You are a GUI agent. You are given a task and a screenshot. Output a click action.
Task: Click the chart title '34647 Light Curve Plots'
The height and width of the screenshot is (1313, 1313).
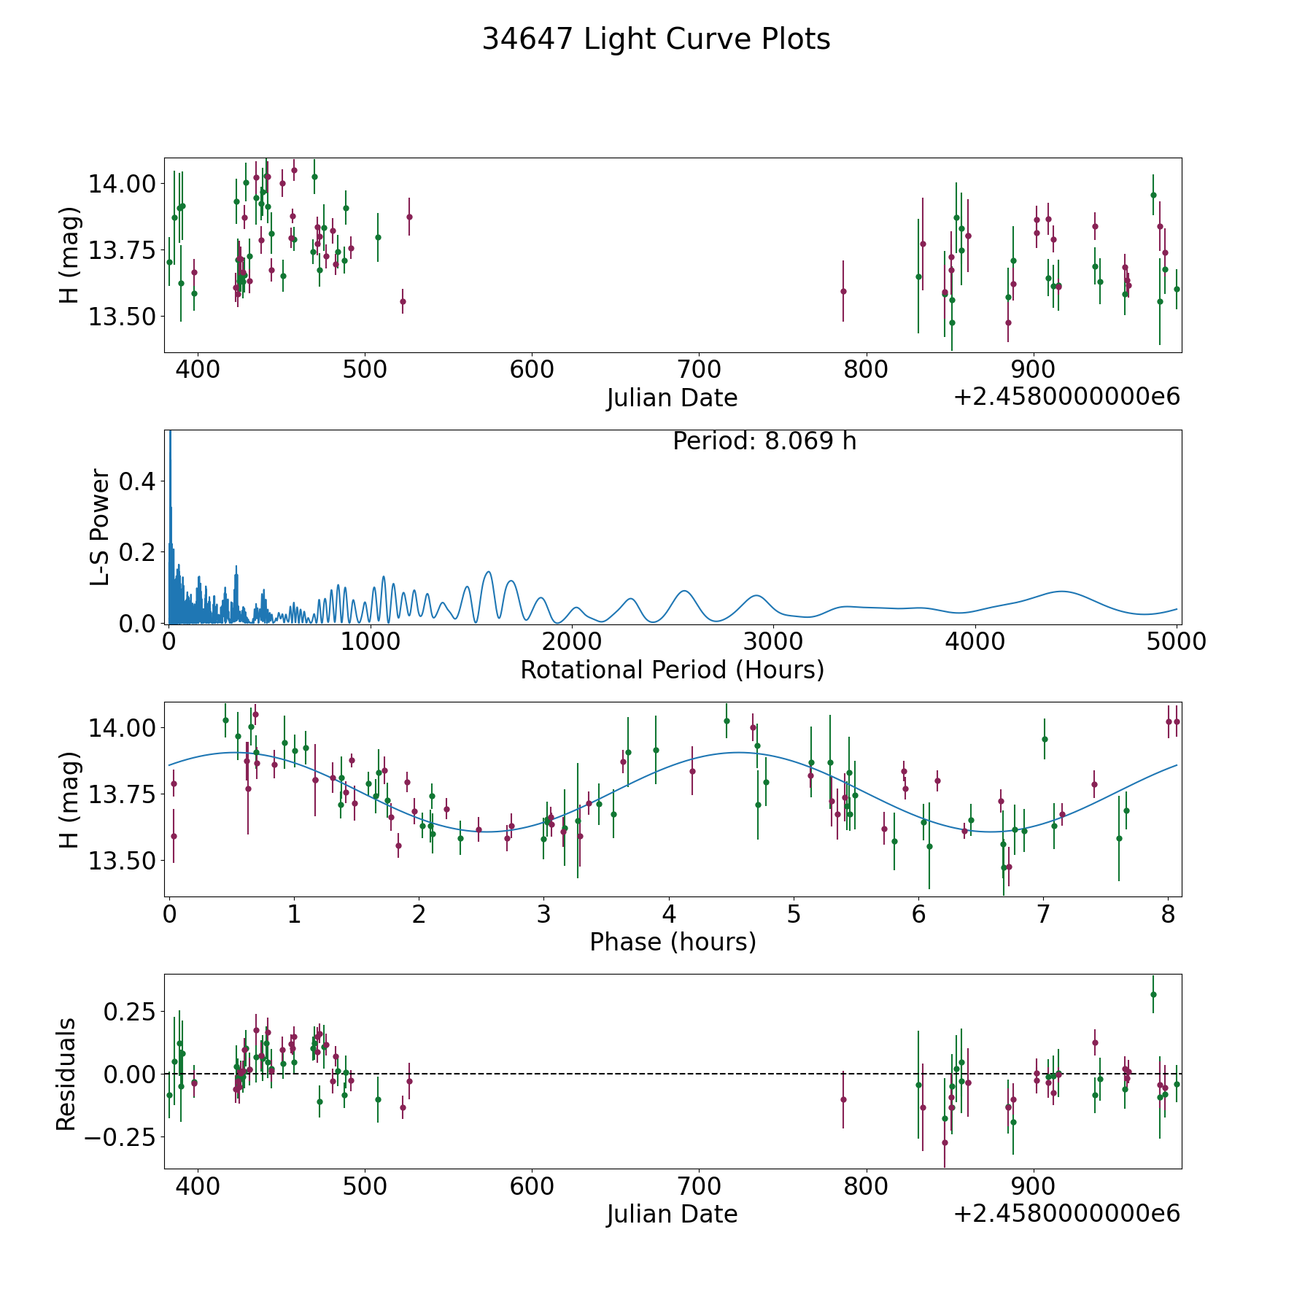coord(656,39)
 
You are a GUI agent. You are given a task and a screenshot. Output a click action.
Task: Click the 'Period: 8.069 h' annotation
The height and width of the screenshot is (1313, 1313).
coord(764,441)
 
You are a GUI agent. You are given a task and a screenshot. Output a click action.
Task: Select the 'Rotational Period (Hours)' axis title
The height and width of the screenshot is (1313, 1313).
coord(672,670)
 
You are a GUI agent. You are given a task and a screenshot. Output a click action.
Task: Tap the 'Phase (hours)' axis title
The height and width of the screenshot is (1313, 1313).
coord(672,942)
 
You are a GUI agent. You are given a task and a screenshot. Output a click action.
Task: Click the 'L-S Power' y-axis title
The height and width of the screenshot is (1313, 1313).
coord(101,527)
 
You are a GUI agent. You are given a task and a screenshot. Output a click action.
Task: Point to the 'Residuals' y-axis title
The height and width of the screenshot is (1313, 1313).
coord(66,1074)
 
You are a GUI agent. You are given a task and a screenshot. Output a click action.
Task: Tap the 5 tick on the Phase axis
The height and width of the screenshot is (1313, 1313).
coord(794,913)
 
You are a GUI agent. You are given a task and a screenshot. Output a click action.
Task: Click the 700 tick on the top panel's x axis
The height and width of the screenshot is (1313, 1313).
coord(699,369)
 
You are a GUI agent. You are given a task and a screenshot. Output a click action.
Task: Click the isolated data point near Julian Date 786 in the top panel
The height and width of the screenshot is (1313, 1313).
coord(843,291)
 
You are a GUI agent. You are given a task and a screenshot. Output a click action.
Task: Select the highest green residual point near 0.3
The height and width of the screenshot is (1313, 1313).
coord(1153,994)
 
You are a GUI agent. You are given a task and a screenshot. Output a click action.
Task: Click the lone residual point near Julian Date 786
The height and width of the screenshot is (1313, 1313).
coord(843,1099)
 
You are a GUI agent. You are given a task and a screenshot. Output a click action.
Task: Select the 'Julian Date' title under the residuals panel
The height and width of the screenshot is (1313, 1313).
coord(672,1214)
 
